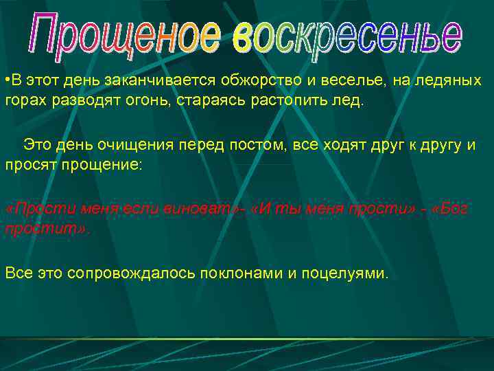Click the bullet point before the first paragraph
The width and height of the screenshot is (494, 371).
(x=6, y=81)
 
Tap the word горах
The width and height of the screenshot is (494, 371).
(x=25, y=101)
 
